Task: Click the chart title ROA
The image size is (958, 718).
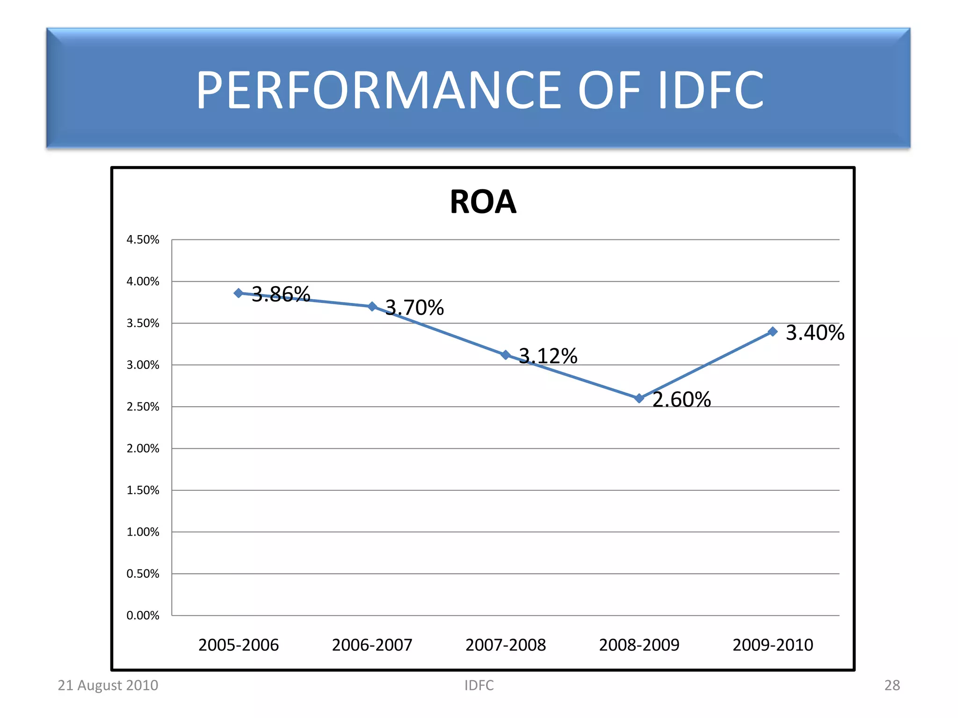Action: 483,202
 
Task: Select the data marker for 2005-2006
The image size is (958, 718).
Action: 239,293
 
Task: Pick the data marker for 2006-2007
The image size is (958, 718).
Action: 372,307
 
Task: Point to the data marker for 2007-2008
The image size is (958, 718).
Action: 506,355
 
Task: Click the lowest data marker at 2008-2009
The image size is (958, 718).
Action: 639,398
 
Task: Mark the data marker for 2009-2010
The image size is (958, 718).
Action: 773,331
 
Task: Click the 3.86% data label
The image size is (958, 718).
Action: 281,294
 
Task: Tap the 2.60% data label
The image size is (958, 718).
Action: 682,400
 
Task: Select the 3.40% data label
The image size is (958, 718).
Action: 815,333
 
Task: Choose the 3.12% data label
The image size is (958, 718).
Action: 548,356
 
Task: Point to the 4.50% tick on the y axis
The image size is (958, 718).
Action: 143,240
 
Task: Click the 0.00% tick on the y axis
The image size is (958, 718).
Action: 143,616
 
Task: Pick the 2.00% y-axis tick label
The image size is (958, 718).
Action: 143,449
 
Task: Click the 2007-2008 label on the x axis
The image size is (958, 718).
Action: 506,645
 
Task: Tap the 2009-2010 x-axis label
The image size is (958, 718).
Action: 773,645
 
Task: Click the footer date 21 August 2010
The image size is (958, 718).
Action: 108,685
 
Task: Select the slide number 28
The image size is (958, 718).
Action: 892,685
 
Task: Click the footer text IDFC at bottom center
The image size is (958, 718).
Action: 479,685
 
